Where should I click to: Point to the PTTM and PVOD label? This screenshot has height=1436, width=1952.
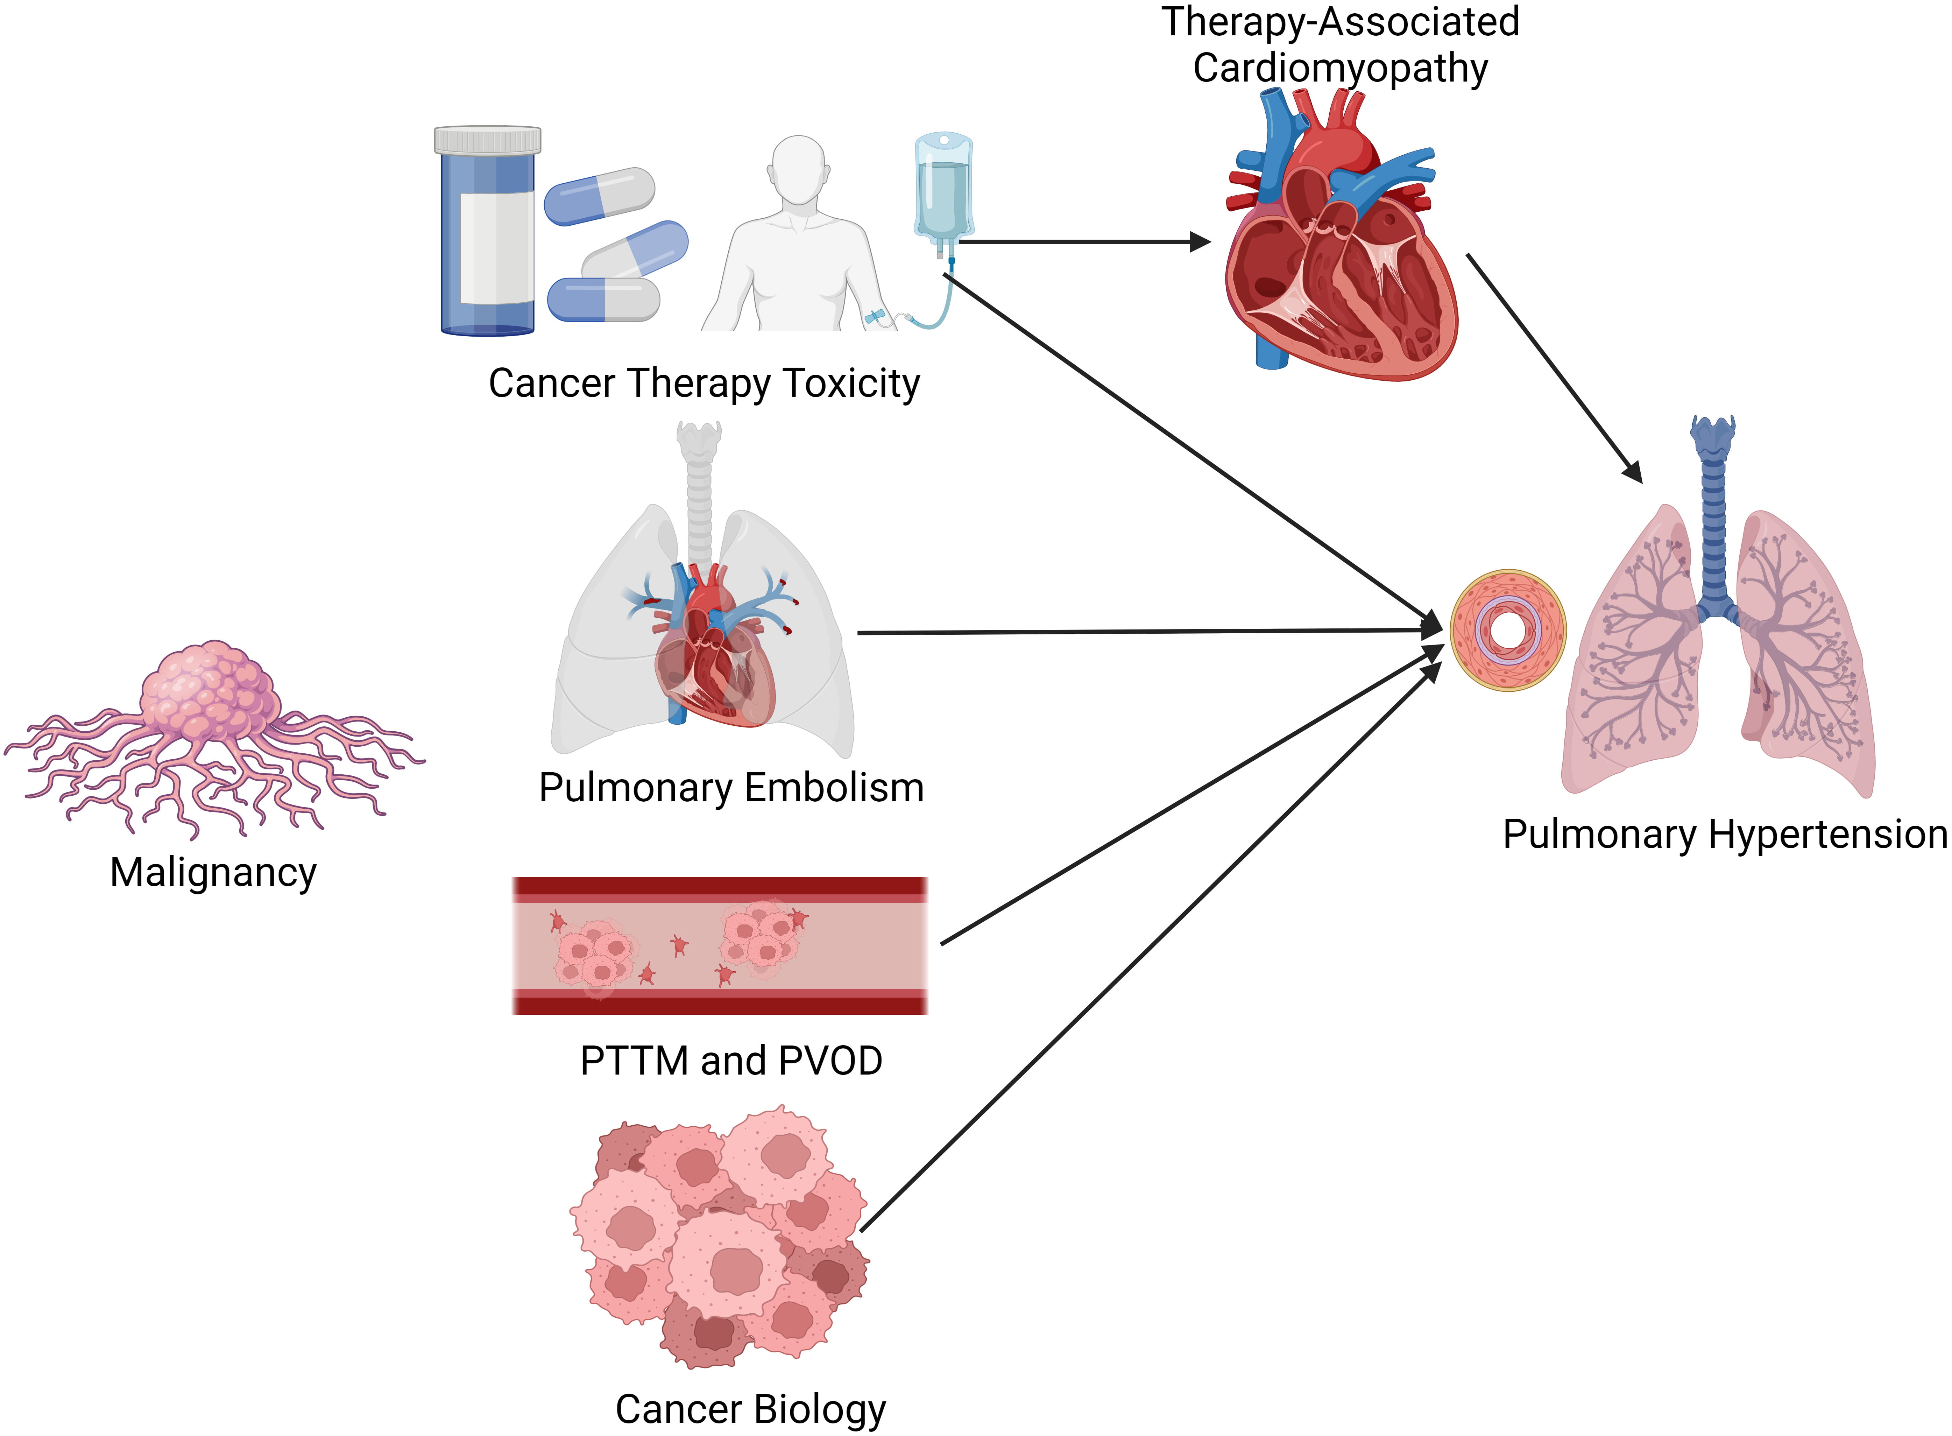coord(731,1061)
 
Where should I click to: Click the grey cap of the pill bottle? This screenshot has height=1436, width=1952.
coord(488,140)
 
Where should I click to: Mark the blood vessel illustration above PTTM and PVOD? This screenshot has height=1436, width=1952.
coord(720,946)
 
